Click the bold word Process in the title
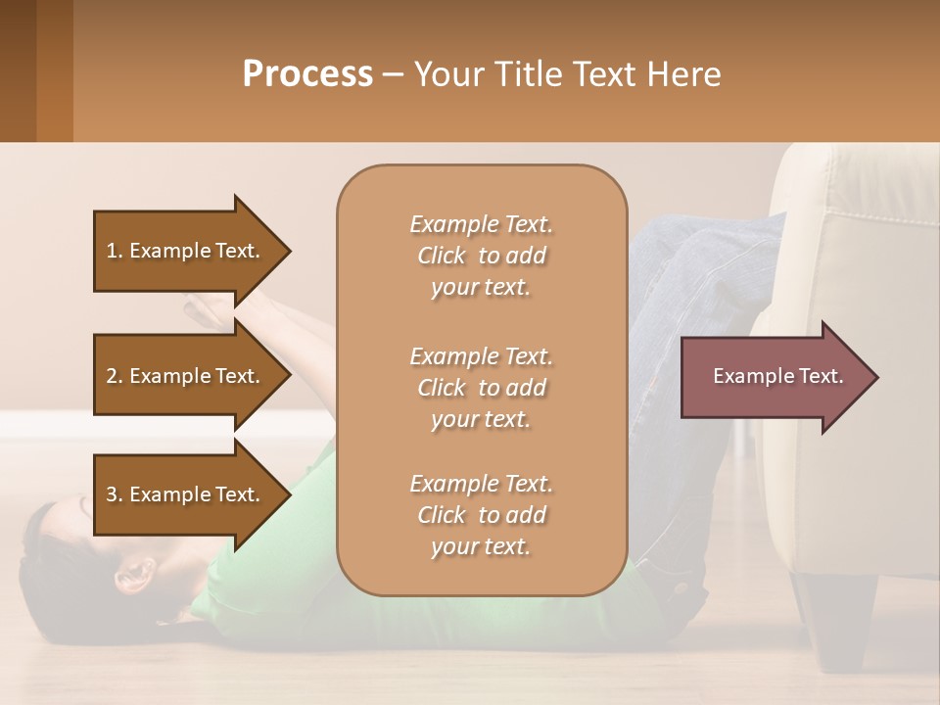click(x=307, y=73)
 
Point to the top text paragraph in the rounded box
click(x=481, y=256)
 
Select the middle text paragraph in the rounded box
click(x=481, y=387)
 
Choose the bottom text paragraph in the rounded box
click(x=481, y=515)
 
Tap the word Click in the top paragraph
click(x=442, y=256)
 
